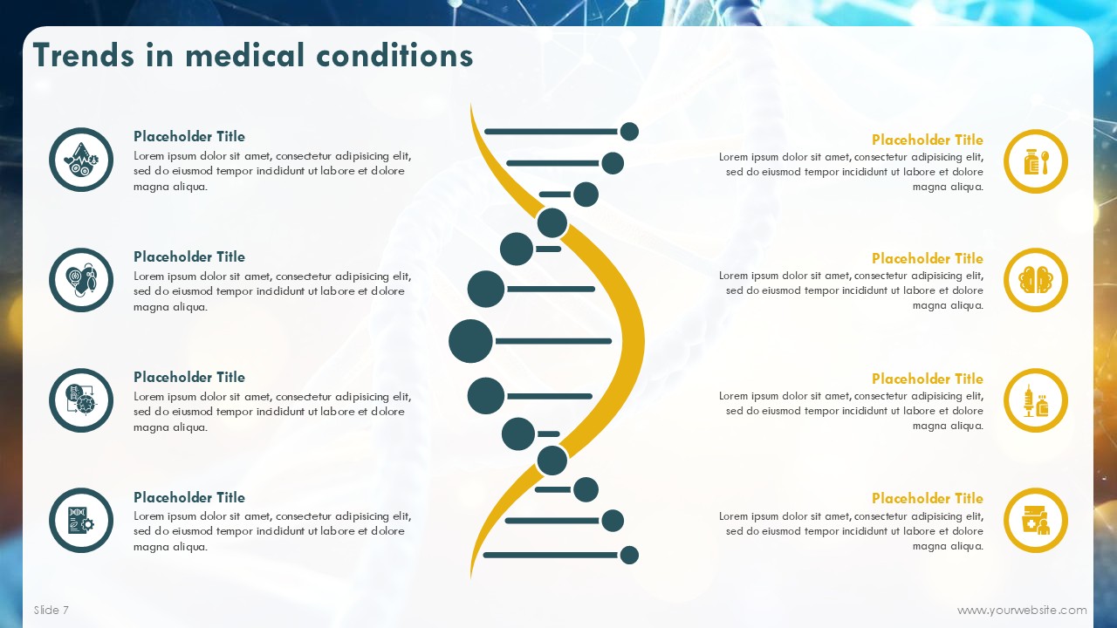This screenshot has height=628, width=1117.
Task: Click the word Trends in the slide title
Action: pos(84,55)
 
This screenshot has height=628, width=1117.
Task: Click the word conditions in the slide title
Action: pos(394,55)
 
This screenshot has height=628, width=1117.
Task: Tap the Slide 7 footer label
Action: pos(51,610)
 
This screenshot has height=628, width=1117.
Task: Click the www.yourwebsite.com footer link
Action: pos(1022,610)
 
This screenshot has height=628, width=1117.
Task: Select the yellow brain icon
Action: pos(1035,280)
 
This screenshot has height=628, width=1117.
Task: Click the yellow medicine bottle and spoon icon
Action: pos(1035,161)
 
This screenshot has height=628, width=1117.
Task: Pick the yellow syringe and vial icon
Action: pos(1035,400)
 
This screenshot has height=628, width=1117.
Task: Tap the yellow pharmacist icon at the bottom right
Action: pos(1035,521)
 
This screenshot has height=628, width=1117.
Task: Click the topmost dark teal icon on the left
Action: pos(81,160)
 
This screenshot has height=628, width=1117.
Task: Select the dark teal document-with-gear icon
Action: pos(81,521)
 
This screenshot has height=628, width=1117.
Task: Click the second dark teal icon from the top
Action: pos(81,280)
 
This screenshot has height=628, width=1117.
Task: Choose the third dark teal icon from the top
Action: pos(81,400)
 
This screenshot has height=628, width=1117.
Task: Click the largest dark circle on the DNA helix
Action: pos(470,341)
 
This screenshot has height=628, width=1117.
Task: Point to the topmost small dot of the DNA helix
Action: pos(629,132)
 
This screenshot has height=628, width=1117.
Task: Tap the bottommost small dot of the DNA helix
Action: pos(629,555)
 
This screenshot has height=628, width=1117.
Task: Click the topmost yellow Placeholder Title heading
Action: pos(927,140)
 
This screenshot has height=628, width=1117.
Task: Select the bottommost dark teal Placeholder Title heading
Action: pos(189,497)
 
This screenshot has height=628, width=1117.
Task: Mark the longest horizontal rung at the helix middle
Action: pos(553,341)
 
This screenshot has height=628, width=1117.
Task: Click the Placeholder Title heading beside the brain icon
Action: pos(927,258)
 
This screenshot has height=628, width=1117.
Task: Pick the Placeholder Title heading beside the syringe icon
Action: pos(927,379)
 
